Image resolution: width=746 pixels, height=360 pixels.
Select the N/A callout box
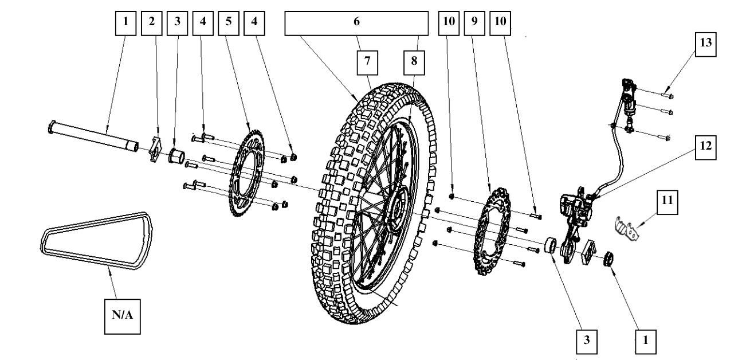[122, 314]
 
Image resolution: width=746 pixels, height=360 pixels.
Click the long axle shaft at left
[92, 136]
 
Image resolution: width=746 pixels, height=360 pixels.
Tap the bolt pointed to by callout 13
[667, 95]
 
